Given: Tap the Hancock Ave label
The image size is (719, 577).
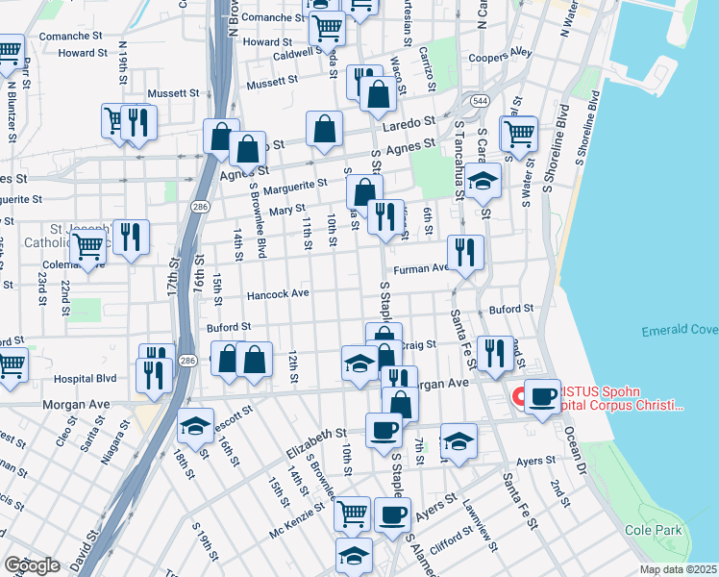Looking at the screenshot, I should (278, 293).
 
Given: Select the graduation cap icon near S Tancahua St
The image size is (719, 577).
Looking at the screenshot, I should (483, 179).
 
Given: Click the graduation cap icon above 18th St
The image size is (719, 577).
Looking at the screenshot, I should (195, 425).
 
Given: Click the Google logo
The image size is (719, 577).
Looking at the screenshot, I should (32, 565).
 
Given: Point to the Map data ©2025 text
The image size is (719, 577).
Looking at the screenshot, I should (678, 569).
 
